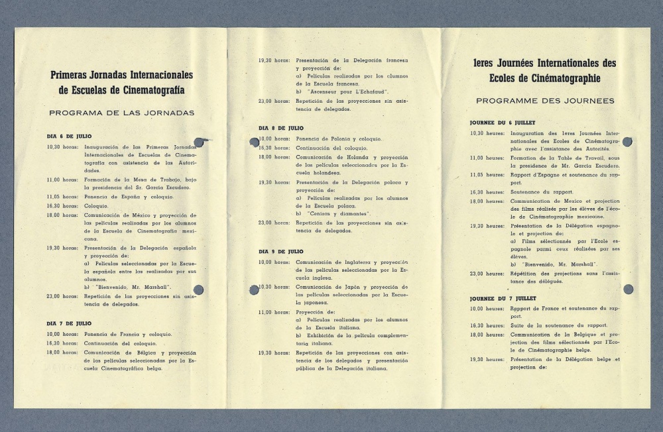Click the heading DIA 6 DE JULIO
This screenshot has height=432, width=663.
click(x=69, y=136)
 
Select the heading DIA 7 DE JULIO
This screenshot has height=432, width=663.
click(x=69, y=323)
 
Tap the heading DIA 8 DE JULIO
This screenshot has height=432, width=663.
click(x=281, y=127)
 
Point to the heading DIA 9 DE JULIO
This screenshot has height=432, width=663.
click(x=281, y=252)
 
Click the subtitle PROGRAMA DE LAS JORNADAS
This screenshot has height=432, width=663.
click(x=121, y=113)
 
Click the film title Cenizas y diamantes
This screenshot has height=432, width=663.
click(x=333, y=213)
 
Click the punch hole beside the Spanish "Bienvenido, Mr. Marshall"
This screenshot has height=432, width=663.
click(x=197, y=288)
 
